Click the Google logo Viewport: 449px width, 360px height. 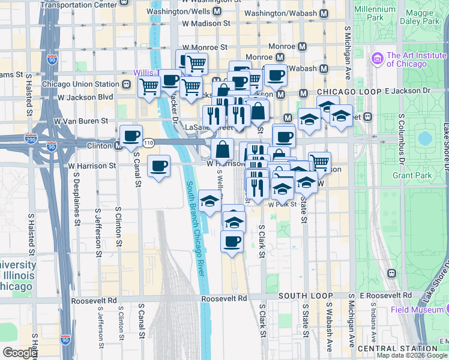coord(19,353)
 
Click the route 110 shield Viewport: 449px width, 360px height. coord(148,142)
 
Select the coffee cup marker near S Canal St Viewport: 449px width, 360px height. coord(158,166)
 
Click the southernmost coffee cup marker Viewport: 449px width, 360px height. coord(232,242)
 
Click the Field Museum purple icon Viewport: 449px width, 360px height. coord(445,310)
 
